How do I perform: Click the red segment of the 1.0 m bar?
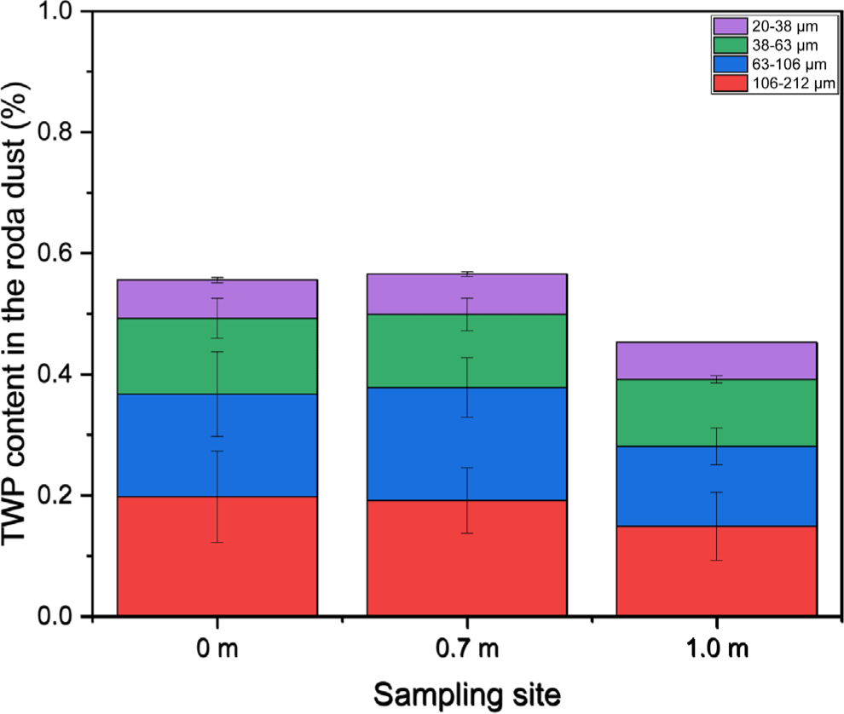click(x=665, y=571)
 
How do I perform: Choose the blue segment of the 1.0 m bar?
click(x=665, y=486)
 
